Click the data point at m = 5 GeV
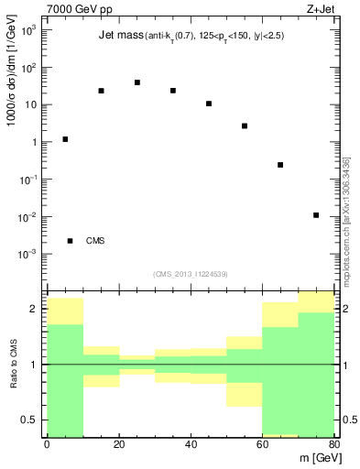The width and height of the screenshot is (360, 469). coord(65,139)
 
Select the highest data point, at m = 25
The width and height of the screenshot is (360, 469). coord(136,82)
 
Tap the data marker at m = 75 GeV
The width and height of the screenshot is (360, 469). coord(316,215)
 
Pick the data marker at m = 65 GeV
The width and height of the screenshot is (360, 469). coord(280,165)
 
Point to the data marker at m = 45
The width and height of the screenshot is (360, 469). coord(209,104)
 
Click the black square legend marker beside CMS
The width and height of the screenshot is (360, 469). coord(70,241)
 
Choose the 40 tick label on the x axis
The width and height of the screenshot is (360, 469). coord(191,444)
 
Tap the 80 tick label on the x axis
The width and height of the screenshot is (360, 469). coord(334,444)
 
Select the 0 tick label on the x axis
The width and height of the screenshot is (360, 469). coord(47,444)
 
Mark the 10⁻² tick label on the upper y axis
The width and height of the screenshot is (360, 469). coord(29,217)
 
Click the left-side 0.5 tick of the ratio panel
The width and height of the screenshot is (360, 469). coord(29,420)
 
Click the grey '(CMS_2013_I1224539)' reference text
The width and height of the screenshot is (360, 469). coord(189,272)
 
